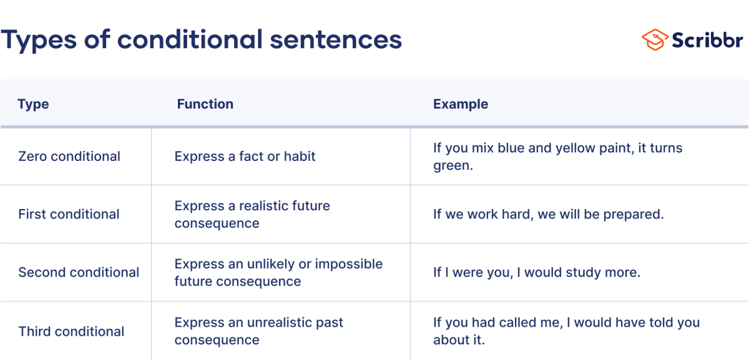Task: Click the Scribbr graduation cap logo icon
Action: (655, 39)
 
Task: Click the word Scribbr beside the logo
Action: (707, 39)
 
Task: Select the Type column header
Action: (33, 104)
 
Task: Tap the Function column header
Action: (205, 104)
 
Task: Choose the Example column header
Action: (461, 104)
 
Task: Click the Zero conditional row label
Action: (69, 156)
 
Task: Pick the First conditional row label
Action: (69, 214)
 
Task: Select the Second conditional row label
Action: (79, 273)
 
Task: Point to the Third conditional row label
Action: (71, 331)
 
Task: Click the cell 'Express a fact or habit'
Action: (245, 156)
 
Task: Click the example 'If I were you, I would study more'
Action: (537, 273)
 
